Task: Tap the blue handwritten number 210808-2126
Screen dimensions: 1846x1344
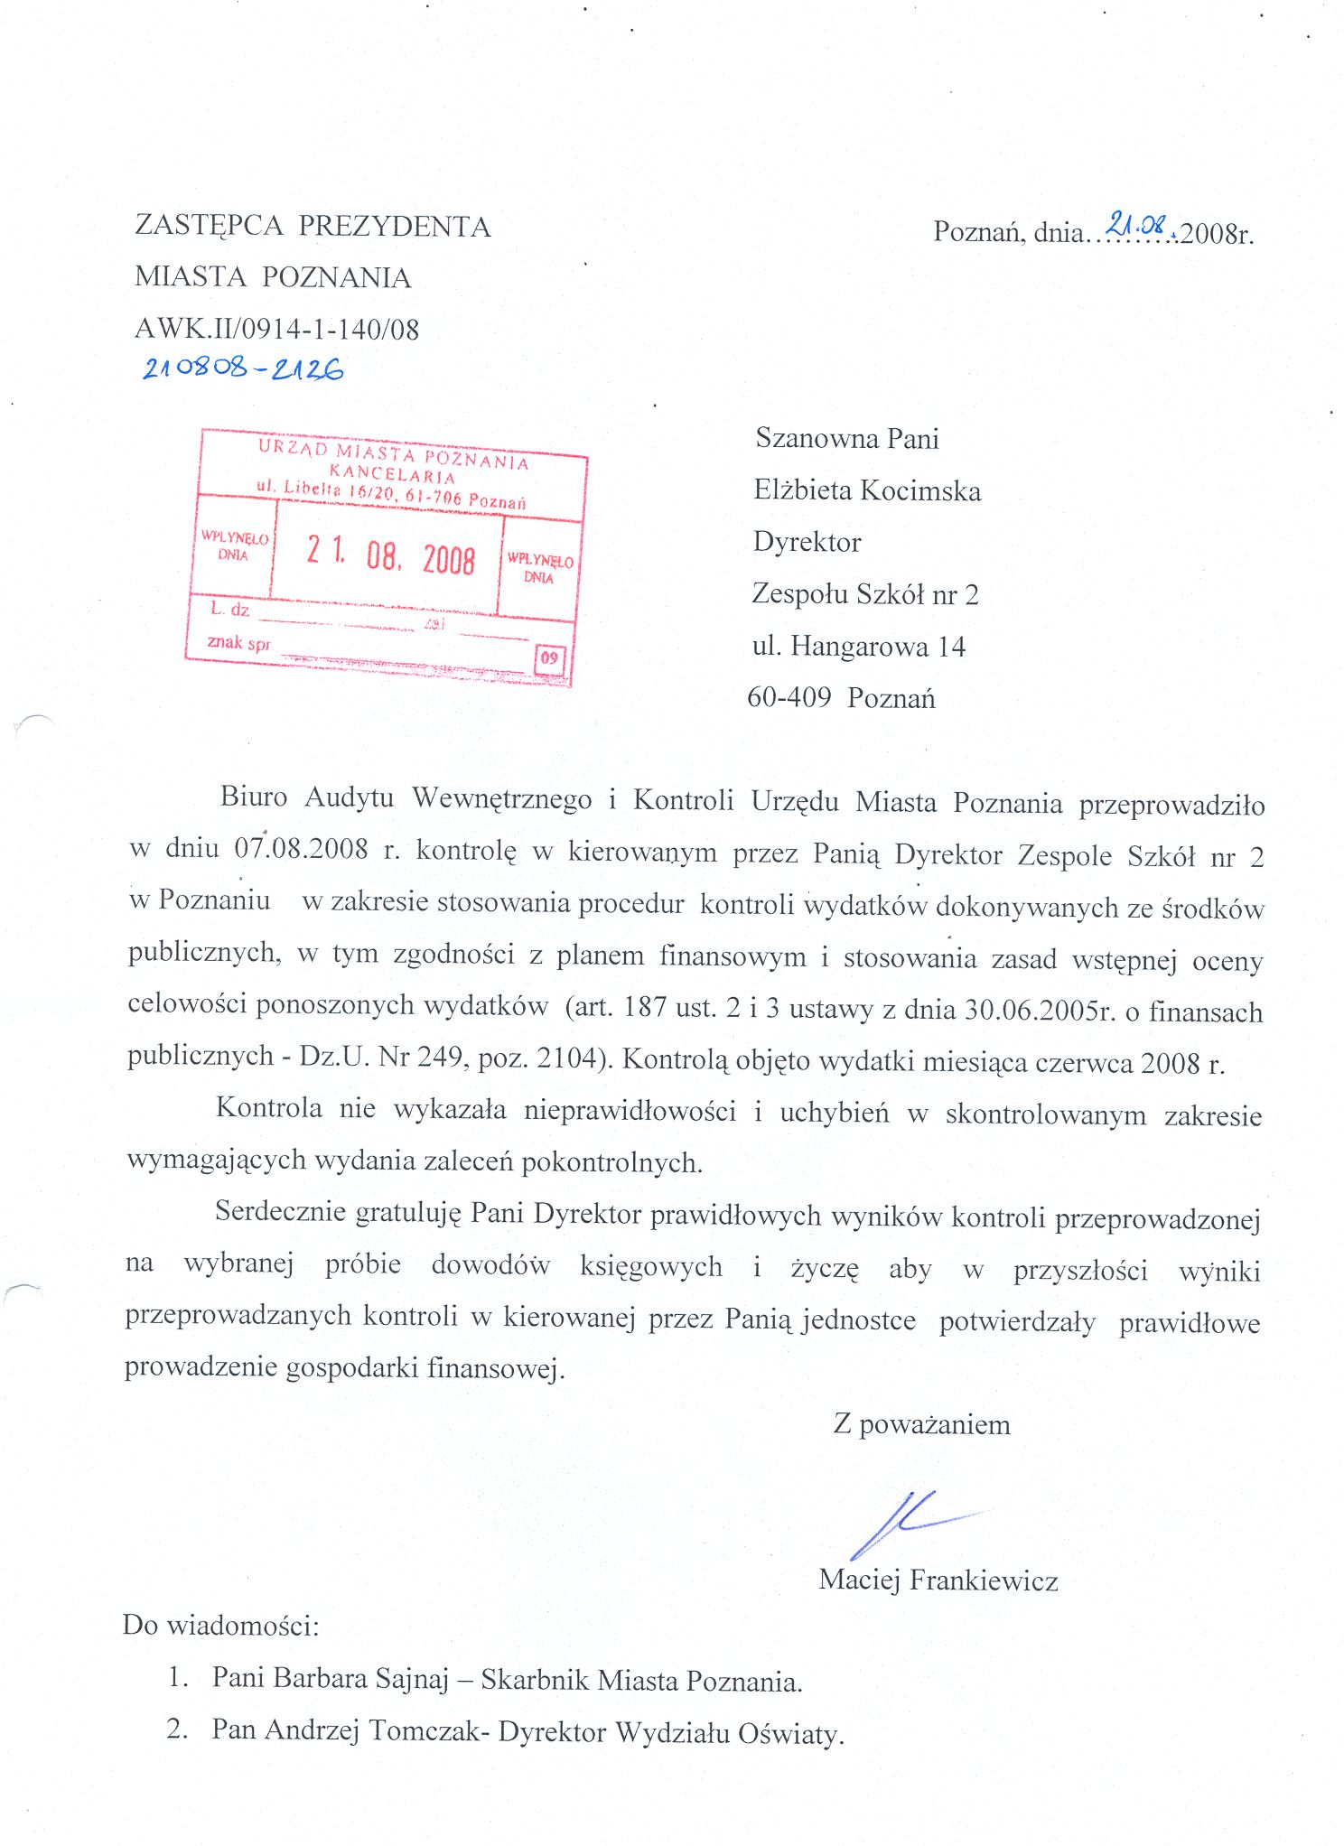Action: [243, 368]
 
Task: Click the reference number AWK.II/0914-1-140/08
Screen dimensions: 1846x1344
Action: [277, 329]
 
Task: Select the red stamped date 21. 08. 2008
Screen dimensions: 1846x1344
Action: [390, 555]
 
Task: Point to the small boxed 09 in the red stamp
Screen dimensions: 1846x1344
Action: [549, 658]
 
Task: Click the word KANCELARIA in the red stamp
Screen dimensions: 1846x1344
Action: [392, 474]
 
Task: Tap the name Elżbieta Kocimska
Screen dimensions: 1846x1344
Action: [867, 490]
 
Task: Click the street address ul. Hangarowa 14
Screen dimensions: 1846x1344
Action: [858, 647]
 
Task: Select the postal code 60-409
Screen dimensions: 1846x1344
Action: [789, 698]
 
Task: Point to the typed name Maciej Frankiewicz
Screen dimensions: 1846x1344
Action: [938, 1580]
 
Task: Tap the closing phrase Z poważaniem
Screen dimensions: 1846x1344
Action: [921, 1425]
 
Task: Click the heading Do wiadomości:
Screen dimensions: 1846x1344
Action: [221, 1626]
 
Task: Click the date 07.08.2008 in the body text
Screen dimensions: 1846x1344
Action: [302, 849]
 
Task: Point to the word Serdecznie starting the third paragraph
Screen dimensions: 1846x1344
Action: [280, 1212]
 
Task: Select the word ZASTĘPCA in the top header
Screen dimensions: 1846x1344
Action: [210, 226]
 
